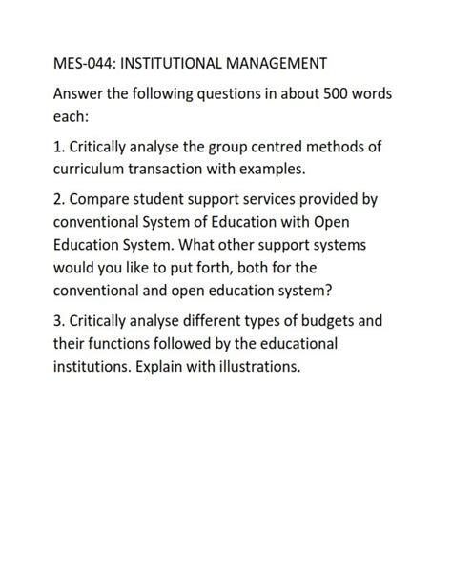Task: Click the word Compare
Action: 106,202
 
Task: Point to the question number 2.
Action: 58,202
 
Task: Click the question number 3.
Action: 58,320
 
